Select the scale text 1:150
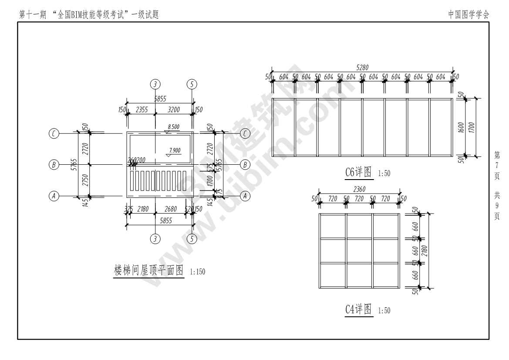pos(197,272)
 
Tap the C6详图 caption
pos(359,172)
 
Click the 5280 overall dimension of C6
pos(362,68)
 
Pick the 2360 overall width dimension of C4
pos(359,189)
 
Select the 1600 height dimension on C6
pos(466,128)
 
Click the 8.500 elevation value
pos(173,127)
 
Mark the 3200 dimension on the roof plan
pos(174,110)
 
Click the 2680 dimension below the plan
pos(171,209)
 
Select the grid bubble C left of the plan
pos(54,133)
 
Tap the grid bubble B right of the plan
pos(245,165)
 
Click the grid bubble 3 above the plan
pos(155,84)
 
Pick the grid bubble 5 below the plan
pos(192,238)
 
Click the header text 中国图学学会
pos(469,14)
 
